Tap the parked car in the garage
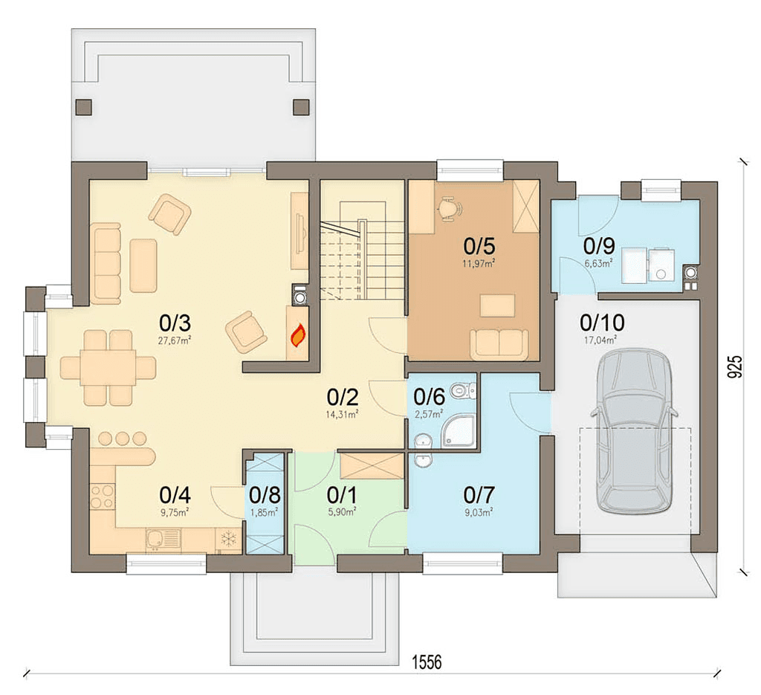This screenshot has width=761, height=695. pyautogui.click(x=634, y=432)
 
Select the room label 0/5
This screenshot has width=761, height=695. pyautogui.click(x=479, y=246)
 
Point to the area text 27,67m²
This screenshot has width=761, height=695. pyautogui.click(x=174, y=340)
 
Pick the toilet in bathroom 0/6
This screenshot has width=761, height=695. pyautogui.click(x=464, y=389)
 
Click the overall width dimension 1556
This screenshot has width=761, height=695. pyautogui.click(x=427, y=662)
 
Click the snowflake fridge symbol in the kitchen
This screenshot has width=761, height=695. pyautogui.click(x=227, y=538)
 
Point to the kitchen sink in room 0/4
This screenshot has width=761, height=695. pyautogui.click(x=163, y=539)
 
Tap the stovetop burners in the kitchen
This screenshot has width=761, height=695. pyautogui.click(x=103, y=497)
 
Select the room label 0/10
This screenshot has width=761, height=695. pyautogui.click(x=602, y=322)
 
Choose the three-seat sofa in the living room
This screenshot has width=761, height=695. pyautogui.click(x=106, y=264)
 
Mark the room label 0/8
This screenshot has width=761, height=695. pyautogui.click(x=265, y=495)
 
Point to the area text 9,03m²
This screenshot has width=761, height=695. pyautogui.click(x=479, y=512)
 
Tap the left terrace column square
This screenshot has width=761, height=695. pyautogui.click(x=84, y=107)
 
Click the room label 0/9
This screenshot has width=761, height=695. pyautogui.click(x=599, y=246)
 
